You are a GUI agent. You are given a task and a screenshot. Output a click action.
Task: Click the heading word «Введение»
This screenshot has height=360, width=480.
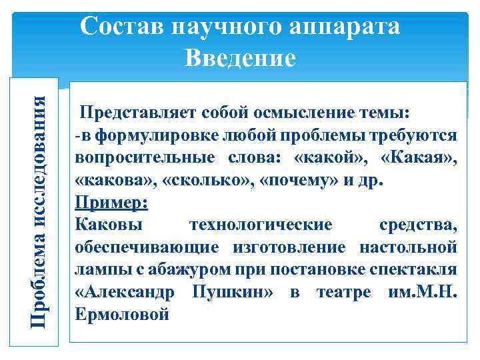pyautogui.click(x=240, y=58)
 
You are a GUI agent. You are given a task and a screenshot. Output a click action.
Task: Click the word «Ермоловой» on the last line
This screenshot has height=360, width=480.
pyautogui.click(x=123, y=315)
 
